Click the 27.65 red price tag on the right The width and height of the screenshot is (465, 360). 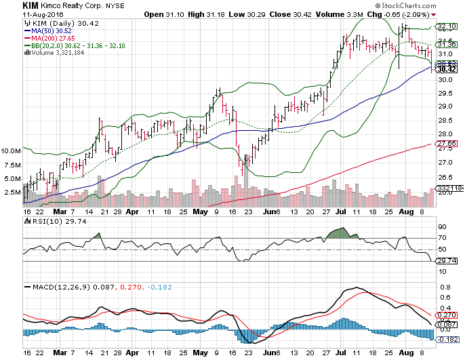445,144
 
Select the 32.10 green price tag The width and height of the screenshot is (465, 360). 445,28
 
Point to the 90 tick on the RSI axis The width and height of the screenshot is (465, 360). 441,226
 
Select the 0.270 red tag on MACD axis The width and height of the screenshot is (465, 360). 445,316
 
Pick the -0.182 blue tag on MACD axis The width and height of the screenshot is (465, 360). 445,339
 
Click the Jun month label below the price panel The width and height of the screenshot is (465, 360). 272,211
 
